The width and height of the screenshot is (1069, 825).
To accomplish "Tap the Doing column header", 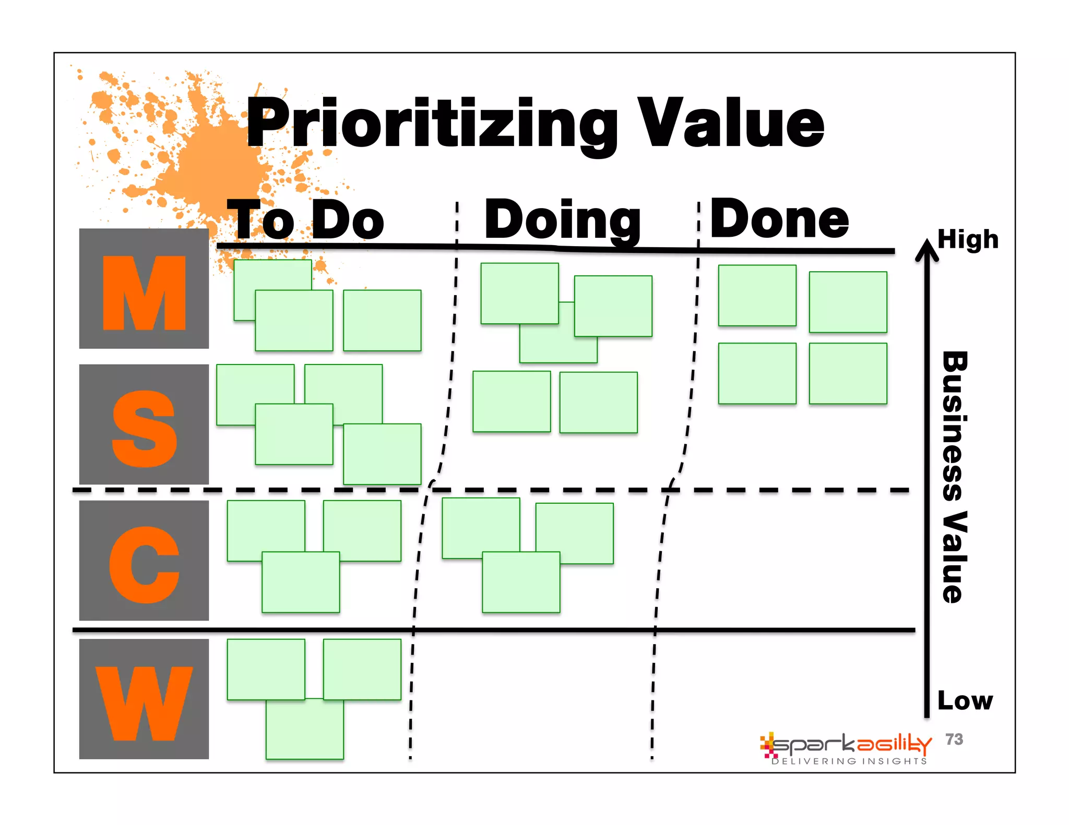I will [x=563, y=220].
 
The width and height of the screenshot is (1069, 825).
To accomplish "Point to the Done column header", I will [x=779, y=219].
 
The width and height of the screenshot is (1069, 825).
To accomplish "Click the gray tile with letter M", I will [x=144, y=288].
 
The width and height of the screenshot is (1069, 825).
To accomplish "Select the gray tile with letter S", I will [x=144, y=424].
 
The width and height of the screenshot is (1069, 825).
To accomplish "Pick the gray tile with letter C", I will [x=144, y=561].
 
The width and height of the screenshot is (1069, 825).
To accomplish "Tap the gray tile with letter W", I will [x=144, y=699].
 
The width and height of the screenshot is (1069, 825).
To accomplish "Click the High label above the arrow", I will [x=968, y=240].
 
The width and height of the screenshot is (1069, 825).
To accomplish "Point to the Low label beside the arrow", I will [x=965, y=700].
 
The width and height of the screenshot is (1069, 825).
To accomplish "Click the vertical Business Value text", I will [x=955, y=477].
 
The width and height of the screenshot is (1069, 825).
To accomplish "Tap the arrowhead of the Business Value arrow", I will [x=927, y=249].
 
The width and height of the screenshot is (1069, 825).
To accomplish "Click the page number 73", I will [x=954, y=739].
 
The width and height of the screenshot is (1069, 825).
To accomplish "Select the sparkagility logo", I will [x=846, y=745].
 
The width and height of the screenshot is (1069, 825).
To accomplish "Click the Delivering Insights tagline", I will [x=849, y=761].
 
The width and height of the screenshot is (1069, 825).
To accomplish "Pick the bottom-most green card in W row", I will [x=305, y=730].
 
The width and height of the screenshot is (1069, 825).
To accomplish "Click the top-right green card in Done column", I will [x=848, y=302].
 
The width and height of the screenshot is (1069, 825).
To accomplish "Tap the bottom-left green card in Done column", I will [x=757, y=373].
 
